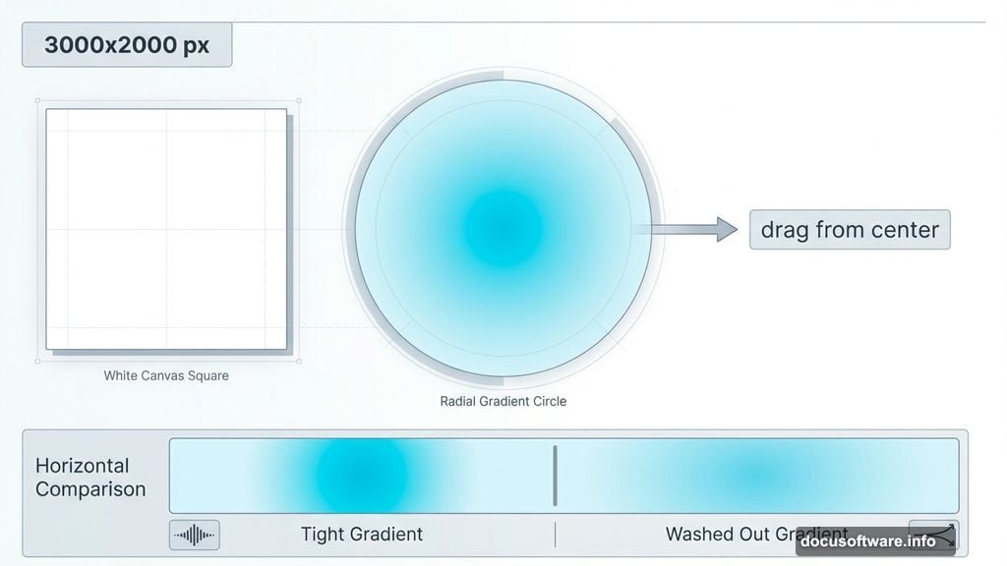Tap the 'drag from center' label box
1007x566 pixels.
click(850, 229)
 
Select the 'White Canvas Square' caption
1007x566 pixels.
click(166, 375)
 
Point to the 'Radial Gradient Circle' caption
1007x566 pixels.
click(503, 401)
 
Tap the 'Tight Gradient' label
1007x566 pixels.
click(361, 534)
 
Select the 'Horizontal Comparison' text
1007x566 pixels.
click(90, 477)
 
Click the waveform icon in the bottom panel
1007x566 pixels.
click(195, 535)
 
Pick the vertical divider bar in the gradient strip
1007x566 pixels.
click(556, 476)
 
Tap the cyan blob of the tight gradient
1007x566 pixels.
click(361, 476)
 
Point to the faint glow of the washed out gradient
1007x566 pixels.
click(752, 476)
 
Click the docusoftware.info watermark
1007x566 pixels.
click(867, 541)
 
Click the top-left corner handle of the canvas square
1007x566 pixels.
click(37, 100)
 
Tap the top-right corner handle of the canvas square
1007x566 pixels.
click(299, 100)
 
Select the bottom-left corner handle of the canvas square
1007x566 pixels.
click(37, 361)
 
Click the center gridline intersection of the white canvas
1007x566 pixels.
click(166, 229)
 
